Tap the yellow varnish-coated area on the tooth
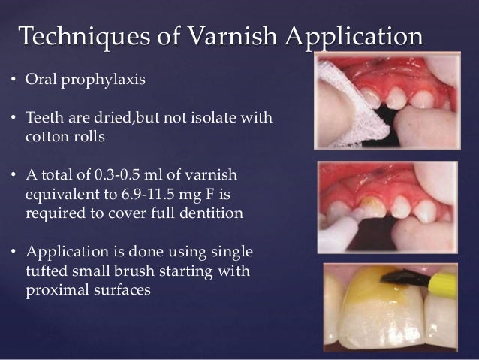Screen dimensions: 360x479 [x=360, y=289]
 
